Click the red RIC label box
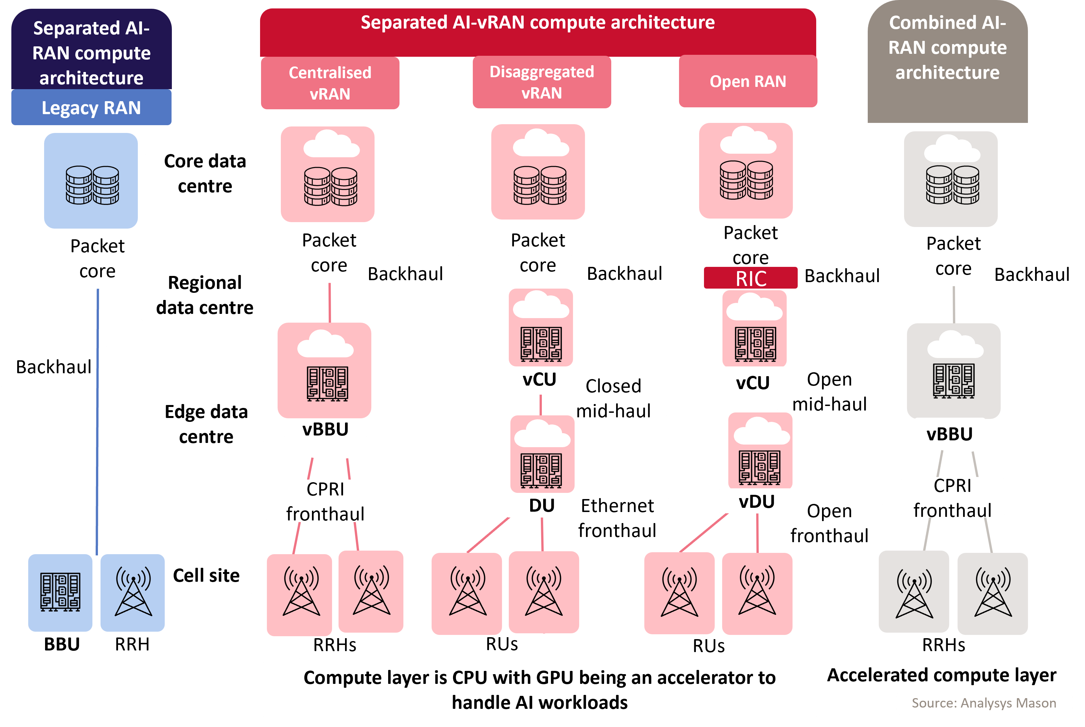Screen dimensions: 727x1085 point(750,278)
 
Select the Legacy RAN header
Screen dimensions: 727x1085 point(91,108)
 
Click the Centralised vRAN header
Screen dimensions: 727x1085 point(330,83)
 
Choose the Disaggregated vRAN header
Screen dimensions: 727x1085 point(542,82)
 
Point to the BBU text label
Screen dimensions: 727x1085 point(62,644)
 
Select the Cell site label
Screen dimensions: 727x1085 point(206,575)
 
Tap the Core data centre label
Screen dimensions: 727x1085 point(205,173)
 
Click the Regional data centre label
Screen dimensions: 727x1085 point(205,294)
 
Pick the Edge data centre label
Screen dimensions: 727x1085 point(206,424)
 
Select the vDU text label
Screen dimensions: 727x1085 point(756,502)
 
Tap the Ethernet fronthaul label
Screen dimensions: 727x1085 point(617,518)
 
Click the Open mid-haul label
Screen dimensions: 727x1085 point(829,391)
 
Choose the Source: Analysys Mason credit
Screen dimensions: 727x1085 point(984,703)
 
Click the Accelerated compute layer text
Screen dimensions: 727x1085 point(941,675)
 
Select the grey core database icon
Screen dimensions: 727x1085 point(952,185)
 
